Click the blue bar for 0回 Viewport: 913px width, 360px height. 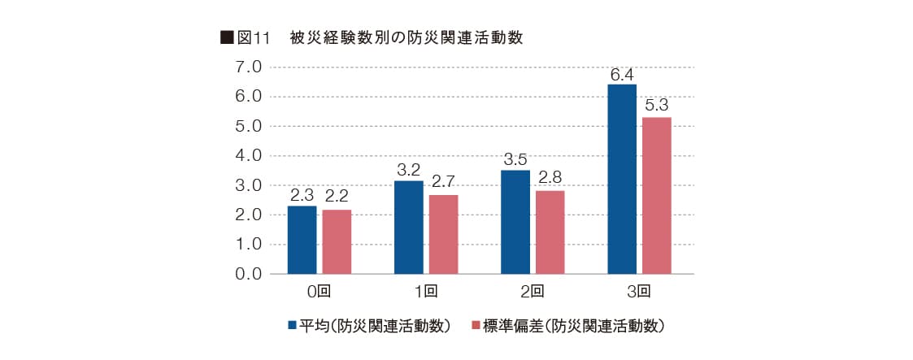302,240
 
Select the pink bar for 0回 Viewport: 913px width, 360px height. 337,241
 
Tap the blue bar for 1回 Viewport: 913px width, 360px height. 408,227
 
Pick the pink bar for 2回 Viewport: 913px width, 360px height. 550,232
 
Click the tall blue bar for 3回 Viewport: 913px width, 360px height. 622,179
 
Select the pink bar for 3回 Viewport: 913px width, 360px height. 657,195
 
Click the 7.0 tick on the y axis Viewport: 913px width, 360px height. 248,67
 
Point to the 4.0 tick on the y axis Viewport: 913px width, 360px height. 248,155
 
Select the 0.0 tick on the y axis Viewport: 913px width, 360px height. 248,274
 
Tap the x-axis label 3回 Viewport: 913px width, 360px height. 639,290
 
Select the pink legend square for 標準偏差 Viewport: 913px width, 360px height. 476,326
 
